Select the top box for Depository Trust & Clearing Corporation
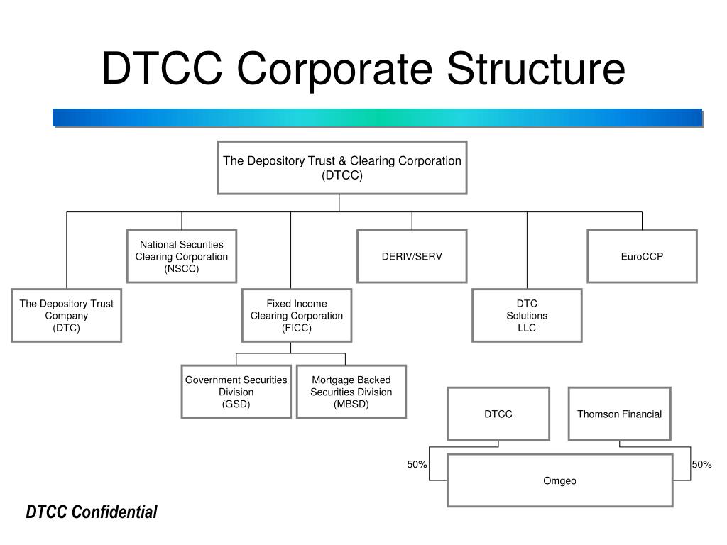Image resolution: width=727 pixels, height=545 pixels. (342, 167)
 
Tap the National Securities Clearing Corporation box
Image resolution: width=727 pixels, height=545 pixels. (182, 256)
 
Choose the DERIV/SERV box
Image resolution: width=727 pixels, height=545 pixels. (412, 256)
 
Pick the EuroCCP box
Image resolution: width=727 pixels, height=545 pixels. (642, 256)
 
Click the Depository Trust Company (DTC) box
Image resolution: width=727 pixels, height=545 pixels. (67, 315)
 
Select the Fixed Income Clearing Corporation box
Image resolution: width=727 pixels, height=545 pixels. (297, 315)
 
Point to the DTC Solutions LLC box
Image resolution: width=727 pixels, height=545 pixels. (527, 315)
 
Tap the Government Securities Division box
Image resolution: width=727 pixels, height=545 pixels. (236, 392)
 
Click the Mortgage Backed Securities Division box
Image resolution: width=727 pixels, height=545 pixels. (351, 392)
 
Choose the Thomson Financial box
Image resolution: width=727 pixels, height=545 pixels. (619, 414)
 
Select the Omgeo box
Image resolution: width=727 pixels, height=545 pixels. (560, 480)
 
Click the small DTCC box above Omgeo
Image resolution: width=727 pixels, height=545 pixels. (498, 414)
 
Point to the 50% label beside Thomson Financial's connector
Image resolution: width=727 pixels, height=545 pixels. (701, 464)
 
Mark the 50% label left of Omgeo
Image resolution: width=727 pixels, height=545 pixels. (417, 464)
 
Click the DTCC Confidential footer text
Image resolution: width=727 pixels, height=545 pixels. (92, 512)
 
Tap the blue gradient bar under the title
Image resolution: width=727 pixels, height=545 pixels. (377, 118)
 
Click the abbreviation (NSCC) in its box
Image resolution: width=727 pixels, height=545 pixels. (182, 269)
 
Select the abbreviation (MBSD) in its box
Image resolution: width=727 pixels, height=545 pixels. (351, 404)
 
